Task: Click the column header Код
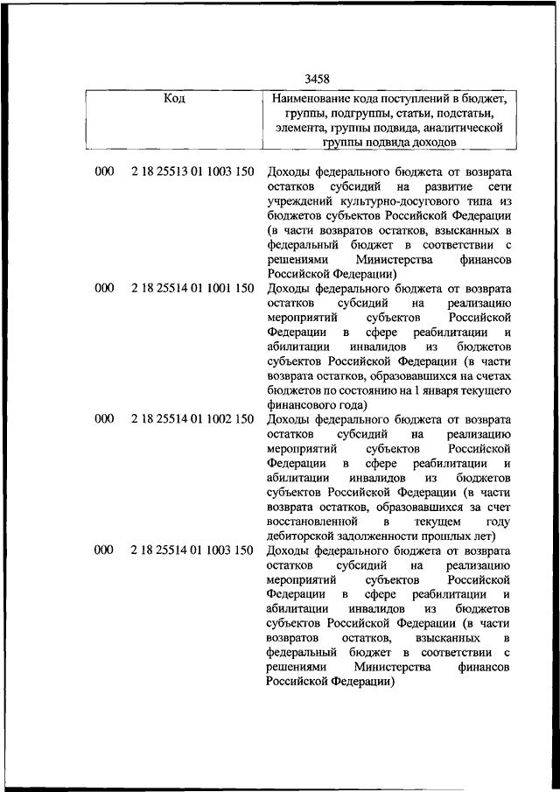click(x=174, y=98)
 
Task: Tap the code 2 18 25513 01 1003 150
click(x=192, y=172)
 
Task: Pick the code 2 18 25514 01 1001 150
click(x=192, y=288)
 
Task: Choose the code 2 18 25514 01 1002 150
click(x=192, y=419)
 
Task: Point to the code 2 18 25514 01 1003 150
click(x=192, y=550)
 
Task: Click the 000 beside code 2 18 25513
click(x=104, y=172)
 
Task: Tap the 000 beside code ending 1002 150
click(x=104, y=419)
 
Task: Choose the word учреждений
click(x=297, y=201)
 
